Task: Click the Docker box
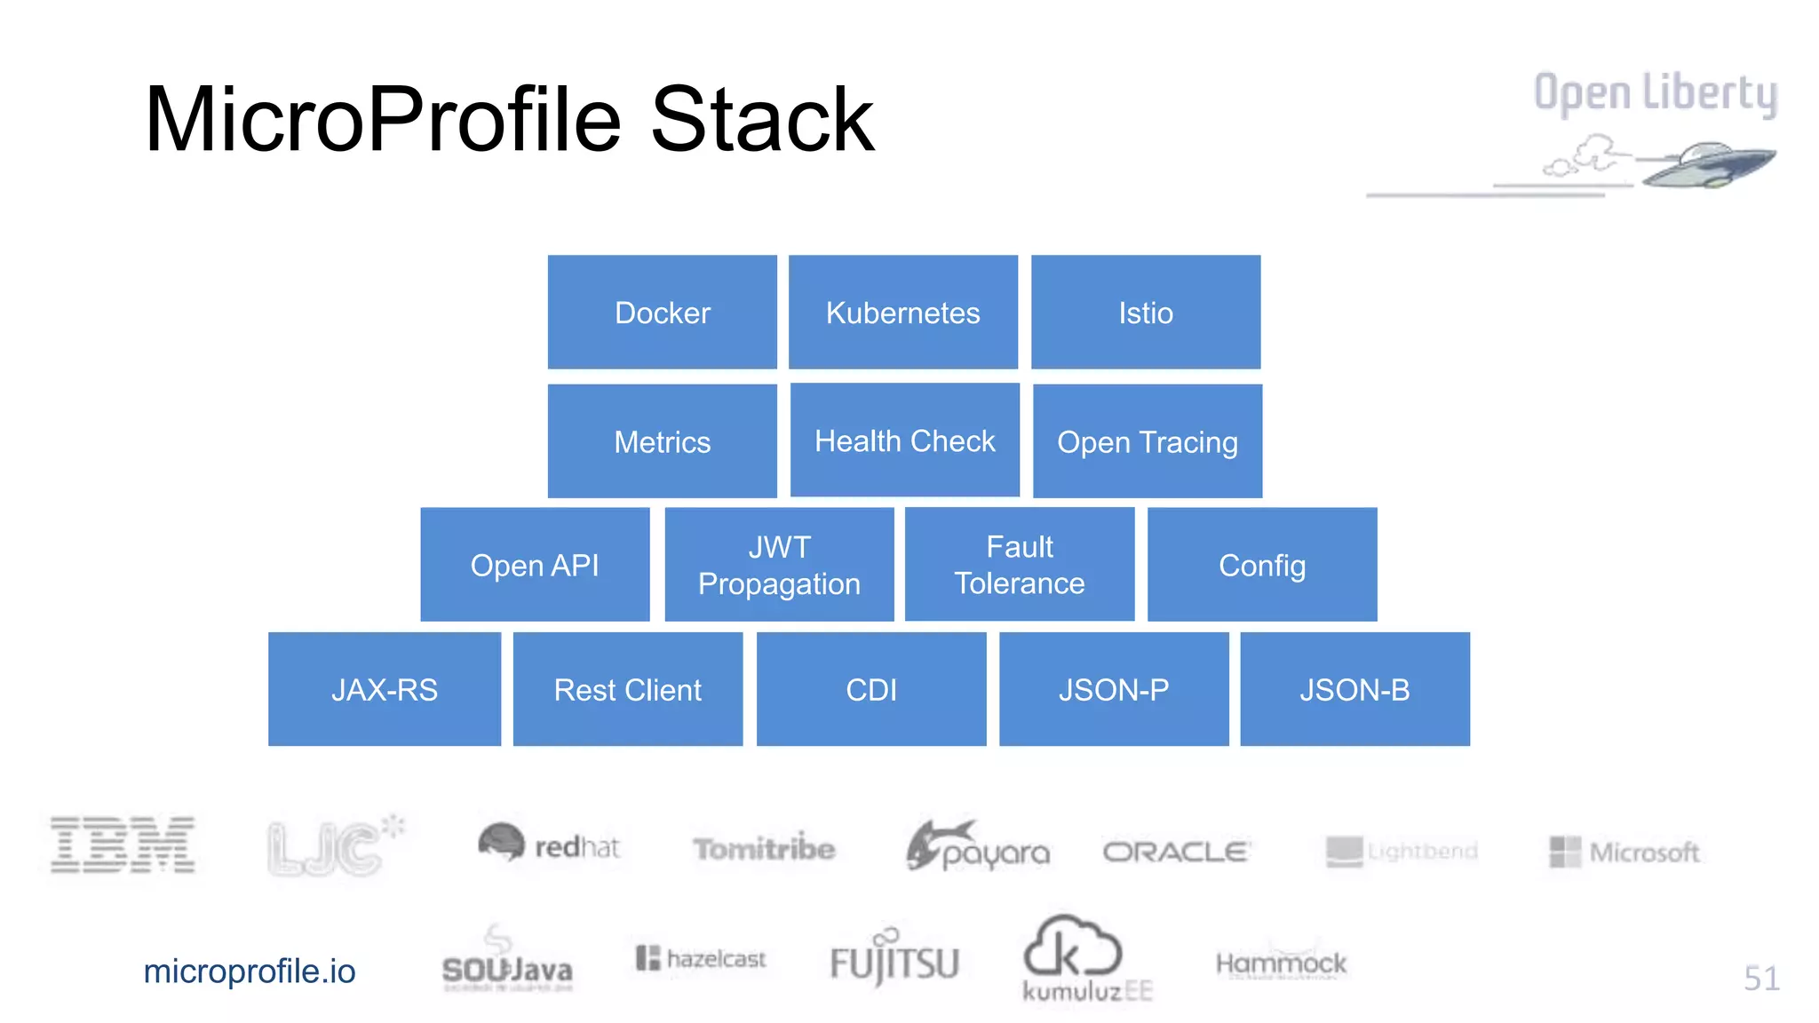pos(662,312)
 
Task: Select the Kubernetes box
pos(902,312)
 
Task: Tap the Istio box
pos(1145,312)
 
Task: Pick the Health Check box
pos(904,440)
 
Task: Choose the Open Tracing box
pos(1147,441)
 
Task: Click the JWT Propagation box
pos(779,565)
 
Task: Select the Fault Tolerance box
pos(1019,565)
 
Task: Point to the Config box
pos(1261,565)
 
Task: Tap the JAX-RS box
pos(384,689)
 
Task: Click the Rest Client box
pos(627,689)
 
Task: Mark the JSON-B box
pos(1354,689)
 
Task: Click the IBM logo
pos(123,845)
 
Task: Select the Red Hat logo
pos(548,845)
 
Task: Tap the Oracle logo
pos(1176,852)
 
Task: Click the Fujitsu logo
pos(894,961)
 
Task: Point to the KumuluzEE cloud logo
pos(1073,950)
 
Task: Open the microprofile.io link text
pos(249,971)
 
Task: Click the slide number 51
pos(1760,978)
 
